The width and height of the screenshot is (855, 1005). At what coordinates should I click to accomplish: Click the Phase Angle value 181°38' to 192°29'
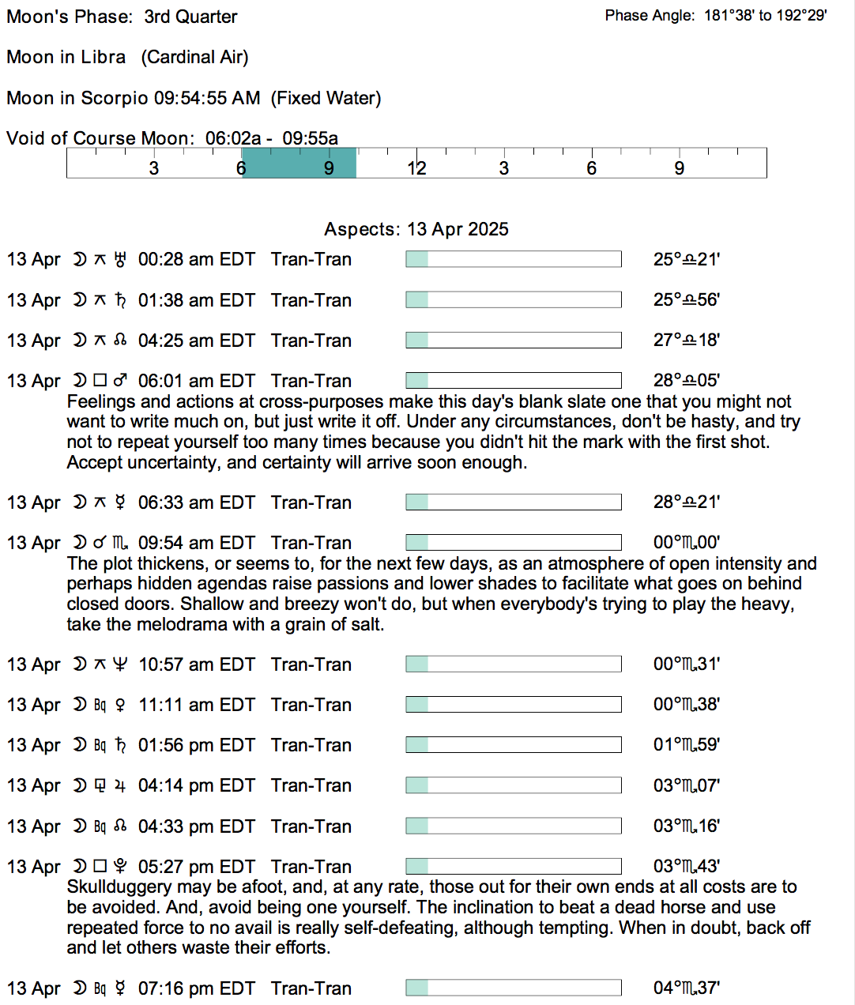coord(765,15)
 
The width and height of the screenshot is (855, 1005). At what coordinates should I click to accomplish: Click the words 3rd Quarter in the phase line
coord(190,17)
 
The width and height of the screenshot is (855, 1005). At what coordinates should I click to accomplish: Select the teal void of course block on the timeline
coord(299,163)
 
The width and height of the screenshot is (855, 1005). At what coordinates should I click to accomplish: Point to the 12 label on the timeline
coord(416,168)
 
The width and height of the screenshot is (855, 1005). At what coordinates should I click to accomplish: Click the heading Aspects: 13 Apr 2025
coord(416,229)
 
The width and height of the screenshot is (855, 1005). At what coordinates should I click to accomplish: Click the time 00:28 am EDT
coord(197,259)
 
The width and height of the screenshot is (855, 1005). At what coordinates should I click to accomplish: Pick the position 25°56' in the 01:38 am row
coord(686,300)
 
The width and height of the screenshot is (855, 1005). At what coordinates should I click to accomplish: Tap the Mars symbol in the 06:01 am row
coord(120,381)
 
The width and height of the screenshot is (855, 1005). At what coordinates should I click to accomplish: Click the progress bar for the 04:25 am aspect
coord(514,341)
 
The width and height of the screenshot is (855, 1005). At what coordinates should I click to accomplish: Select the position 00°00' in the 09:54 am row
coord(686,543)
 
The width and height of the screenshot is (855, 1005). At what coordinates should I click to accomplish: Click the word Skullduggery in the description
coord(119,887)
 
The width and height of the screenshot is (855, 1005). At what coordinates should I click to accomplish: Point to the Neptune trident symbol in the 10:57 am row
coord(120,664)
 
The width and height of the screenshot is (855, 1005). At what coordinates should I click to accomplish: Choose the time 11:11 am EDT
coord(197,705)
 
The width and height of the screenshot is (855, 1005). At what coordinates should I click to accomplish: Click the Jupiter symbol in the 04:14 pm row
coord(120,785)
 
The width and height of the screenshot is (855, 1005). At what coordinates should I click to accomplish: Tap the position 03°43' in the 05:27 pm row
coord(686,867)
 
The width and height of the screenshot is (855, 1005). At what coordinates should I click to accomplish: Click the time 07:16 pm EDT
coord(197,988)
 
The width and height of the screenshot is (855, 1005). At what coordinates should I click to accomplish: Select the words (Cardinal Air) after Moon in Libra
coord(194,57)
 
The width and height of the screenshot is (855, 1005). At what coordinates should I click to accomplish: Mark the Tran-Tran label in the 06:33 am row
coord(311,502)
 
